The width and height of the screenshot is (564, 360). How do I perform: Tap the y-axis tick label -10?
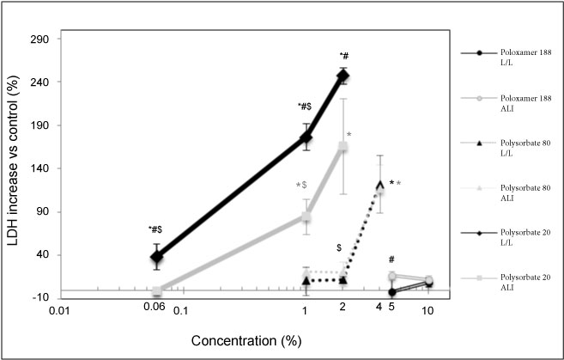point(47,297)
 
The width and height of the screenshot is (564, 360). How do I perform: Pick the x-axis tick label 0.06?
point(153,307)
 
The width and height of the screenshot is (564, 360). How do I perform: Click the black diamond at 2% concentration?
point(343,76)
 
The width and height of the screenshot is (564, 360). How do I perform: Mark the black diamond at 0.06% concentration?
point(156,256)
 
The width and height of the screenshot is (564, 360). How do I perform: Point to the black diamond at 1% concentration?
point(306,137)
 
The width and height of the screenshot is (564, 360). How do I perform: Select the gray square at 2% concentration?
point(343,146)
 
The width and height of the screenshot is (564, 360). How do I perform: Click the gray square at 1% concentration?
point(306,217)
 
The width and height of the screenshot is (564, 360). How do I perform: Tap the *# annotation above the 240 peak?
point(343,56)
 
